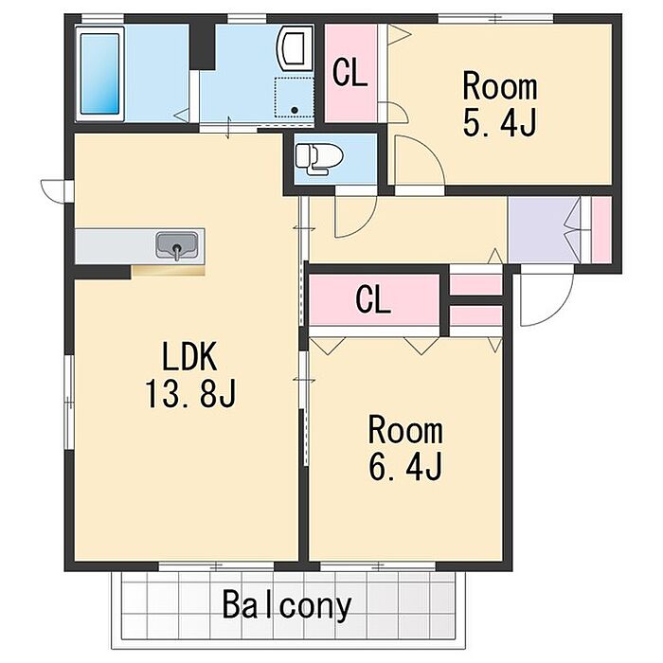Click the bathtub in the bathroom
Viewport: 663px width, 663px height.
click(x=99, y=74)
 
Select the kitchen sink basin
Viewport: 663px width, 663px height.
click(x=177, y=245)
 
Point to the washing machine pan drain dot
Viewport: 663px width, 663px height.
click(x=295, y=111)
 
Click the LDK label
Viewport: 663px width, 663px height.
click(x=189, y=356)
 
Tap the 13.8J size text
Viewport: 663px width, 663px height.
click(x=190, y=394)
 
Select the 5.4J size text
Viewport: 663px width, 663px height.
click(x=500, y=122)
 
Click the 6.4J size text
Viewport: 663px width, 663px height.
click(x=405, y=466)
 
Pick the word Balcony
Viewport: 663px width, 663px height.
click(x=287, y=605)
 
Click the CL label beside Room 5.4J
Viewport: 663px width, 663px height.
click(x=349, y=73)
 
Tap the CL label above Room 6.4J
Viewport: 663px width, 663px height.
click(x=373, y=299)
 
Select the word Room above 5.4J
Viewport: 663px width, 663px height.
click(x=500, y=86)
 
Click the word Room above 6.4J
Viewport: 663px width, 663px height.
click(x=405, y=430)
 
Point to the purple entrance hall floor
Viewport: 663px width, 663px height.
click(x=544, y=229)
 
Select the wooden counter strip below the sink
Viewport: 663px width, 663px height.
click(x=169, y=271)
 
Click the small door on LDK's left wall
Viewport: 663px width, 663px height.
click(x=53, y=191)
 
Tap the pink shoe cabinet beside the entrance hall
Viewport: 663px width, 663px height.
click(x=601, y=229)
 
